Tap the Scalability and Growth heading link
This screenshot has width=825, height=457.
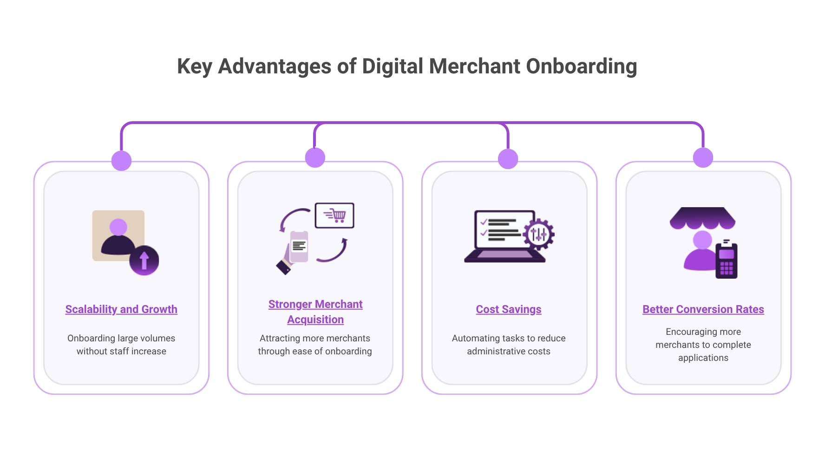click(121, 309)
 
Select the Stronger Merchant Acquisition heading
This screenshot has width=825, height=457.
click(315, 312)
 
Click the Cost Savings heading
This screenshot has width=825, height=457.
click(509, 309)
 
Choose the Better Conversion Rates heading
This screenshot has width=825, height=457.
click(703, 309)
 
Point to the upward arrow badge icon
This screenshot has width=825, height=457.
click(144, 261)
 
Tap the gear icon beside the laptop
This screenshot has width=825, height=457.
click(538, 235)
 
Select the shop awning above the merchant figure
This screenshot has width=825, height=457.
click(702, 217)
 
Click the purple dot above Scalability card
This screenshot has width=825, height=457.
click(121, 161)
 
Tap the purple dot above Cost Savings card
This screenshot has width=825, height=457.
click(508, 159)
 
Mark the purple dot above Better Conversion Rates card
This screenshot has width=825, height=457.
click(703, 157)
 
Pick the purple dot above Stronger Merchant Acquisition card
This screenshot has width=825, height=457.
click(315, 157)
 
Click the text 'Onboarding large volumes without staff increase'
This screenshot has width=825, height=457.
click(121, 345)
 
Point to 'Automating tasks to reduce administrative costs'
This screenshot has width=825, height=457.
click(509, 345)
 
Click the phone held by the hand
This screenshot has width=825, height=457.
click(299, 246)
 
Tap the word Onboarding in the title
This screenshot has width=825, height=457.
click(581, 66)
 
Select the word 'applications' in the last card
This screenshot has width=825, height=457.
click(703, 358)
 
